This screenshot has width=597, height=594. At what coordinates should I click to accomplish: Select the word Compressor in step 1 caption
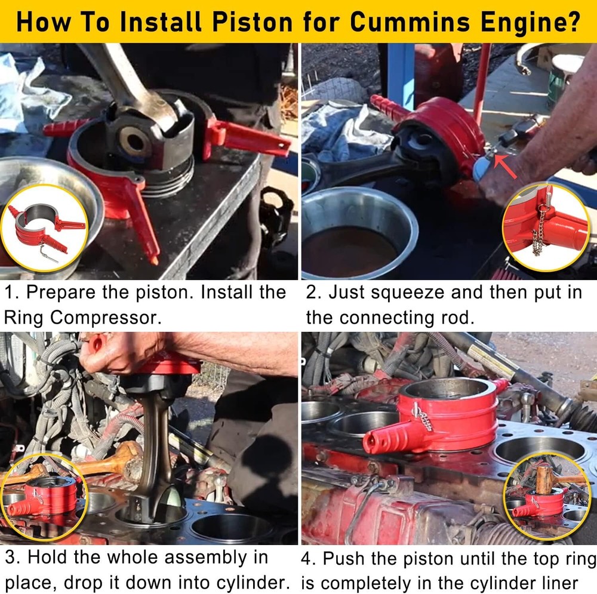[106, 318]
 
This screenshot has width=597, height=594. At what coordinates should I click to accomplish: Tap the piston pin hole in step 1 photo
[134, 141]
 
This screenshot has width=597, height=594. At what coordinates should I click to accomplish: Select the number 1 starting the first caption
[10, 293]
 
